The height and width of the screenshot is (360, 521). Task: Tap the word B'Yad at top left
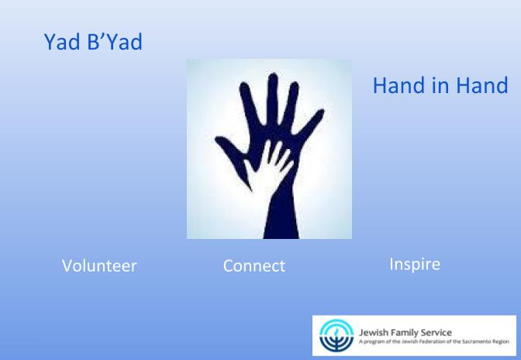[x=115, y=42]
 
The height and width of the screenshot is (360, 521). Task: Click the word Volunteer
[x=99, y=266]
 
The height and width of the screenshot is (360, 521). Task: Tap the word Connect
[x=254, y=266]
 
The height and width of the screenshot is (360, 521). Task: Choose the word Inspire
[x=415, y=265]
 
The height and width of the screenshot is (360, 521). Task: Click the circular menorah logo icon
[x=336, y=336]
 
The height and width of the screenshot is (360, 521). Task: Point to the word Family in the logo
[x=399, y=333]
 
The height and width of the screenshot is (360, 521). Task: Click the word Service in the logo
[x=431, y=332]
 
